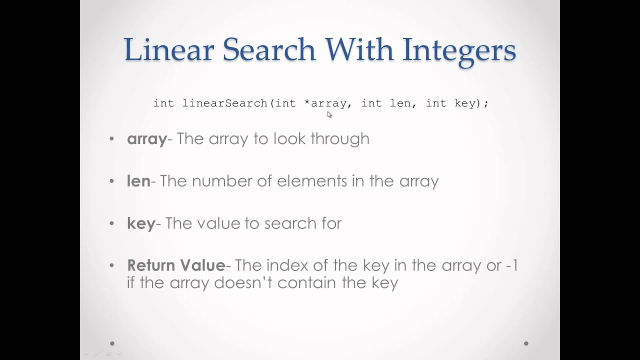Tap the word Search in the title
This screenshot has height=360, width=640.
(269, 50)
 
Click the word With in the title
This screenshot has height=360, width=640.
(359, 50)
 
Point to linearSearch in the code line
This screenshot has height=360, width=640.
(225, 103)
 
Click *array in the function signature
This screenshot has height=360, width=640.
(325, 103)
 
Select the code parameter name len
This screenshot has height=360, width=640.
(400, 103)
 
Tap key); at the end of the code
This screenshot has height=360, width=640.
(471, 103)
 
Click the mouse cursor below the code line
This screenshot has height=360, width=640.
(329, 114)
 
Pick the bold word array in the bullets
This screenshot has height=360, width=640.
(146, 139)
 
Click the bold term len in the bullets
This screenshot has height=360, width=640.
(138, 181)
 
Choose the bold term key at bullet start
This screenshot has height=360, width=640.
(141, 223)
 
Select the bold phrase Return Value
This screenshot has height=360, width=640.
(176, 265)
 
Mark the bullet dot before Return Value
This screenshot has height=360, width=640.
(111, 265)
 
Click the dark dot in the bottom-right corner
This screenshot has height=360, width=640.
(526, 343)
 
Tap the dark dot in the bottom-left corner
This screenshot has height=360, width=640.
(112, 343)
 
